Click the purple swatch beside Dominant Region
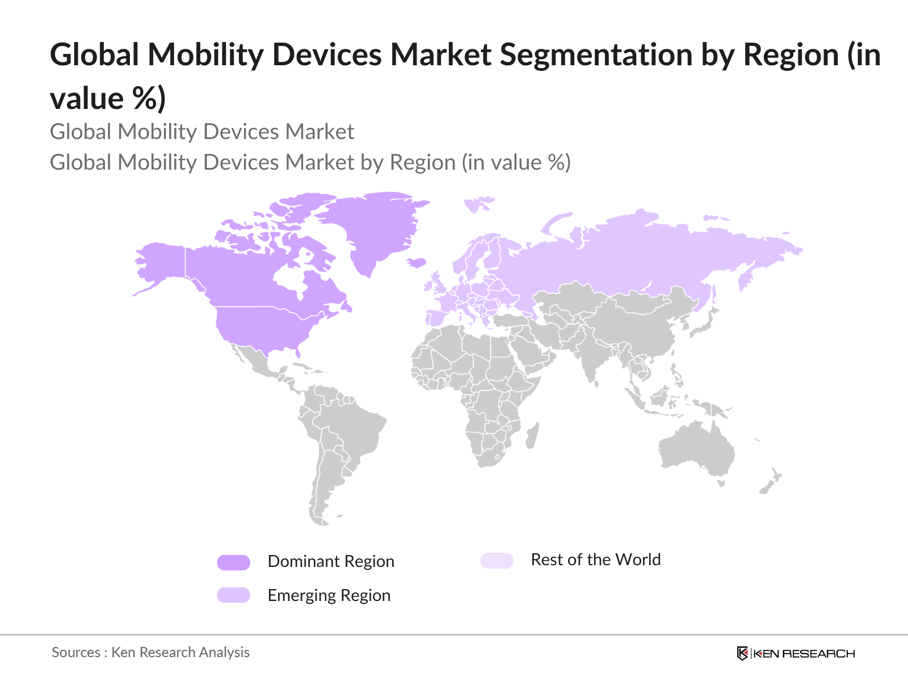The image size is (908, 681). tap(233, 562)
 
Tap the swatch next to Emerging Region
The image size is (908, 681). tap(233, 595)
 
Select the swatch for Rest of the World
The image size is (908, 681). tap(497, 561)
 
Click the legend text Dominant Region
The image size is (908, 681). tap(331, 561)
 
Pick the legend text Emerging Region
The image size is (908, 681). tap(329, 595)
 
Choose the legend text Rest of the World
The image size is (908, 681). tap(595, 560)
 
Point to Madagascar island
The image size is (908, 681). tap(532, 436)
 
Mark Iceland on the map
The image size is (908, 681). tap(417, 263)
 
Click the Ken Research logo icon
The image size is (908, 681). tap(742, 653)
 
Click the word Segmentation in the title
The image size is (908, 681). tap(596, 55)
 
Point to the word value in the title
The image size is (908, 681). tap(86, 99)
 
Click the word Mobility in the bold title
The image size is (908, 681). tap(207, 55)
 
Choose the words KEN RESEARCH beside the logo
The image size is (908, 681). tap(804, 654)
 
